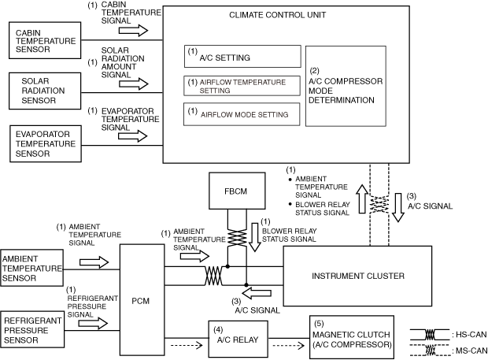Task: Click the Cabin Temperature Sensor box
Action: point(45,40)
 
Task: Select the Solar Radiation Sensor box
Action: point(45,91)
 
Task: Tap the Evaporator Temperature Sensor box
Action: point(46,143)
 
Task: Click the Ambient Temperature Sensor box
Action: point(31,268)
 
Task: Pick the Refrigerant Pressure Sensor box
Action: point(32,329)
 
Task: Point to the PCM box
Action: point(142,299)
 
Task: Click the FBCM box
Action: point(237,191)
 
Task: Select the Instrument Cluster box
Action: point(357,276)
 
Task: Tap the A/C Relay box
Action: point(238,339)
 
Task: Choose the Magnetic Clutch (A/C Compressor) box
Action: point(352,337)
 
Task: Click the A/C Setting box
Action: point(242,57)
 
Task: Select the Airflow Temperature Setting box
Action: point(242,86)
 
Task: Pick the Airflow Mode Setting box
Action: point(242,114)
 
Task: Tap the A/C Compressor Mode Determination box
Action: point(346,87)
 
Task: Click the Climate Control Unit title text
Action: point(277,15)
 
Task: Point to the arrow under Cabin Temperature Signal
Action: point(133,31)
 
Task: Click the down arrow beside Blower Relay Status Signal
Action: point(255,237)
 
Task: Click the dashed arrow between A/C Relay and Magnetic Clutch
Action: point(289,345)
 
